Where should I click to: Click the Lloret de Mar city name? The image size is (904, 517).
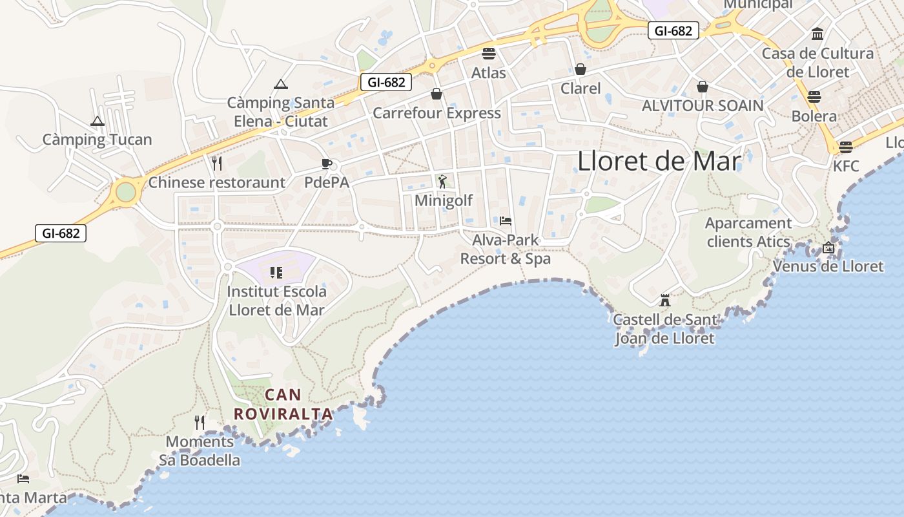[x=659, y=162]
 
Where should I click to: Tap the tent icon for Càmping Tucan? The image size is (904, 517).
[x=98, y=121]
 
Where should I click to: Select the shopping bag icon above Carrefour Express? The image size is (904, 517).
[x=437, y=94]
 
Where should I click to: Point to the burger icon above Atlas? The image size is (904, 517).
[x=488, y=53]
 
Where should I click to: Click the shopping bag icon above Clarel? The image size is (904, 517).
[x=580, y=69]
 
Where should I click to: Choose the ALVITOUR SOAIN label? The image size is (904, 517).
[x=703, y=106]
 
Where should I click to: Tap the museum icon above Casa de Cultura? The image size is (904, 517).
[x=817, y=34]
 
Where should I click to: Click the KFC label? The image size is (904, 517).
[x=846, y=166]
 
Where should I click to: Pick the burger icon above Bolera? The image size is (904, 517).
[x=814, y=97]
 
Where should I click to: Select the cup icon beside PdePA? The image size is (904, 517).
[x=327, y=164]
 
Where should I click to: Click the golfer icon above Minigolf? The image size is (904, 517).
[x=442, y=182]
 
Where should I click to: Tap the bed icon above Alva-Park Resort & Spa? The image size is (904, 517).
[x=506, y=221]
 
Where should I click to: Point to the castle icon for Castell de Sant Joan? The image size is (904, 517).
[x=665, y=301]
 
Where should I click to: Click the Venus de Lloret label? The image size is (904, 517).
[x=828, y=266]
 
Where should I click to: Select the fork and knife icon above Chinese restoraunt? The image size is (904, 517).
[x=217, y=164]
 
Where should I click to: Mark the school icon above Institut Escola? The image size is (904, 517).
[x=276, y=272]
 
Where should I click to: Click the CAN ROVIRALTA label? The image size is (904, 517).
[x=283, y=404]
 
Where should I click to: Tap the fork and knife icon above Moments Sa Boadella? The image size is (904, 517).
[x=200, y=423]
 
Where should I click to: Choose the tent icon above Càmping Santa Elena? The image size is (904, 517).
[x=281, y=84]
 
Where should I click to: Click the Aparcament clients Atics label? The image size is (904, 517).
[x=748, y=233]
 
